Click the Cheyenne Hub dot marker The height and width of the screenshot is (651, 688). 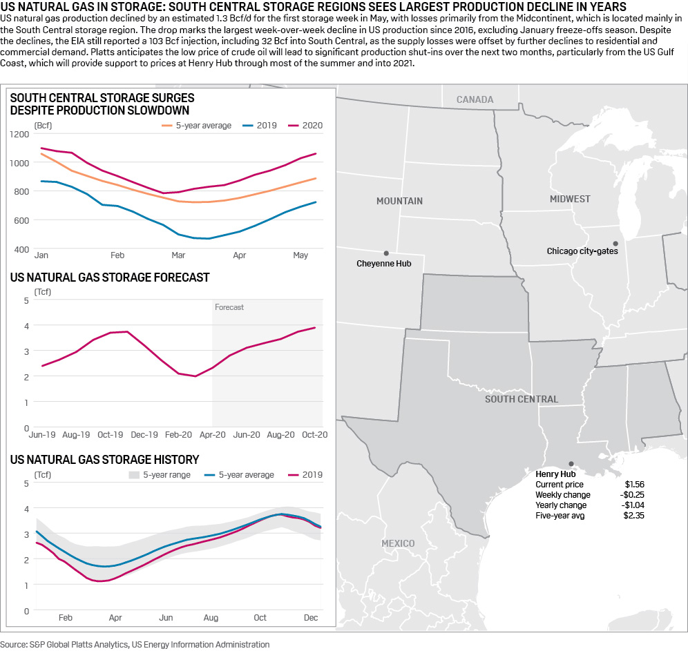[x=386, y=253]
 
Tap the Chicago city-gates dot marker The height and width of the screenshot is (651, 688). [x=615, y=243]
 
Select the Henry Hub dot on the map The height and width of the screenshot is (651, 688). [x=571, y=464]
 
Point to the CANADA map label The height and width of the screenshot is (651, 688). [x=475, y=99]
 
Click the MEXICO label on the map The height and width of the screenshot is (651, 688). [x=398, y=543]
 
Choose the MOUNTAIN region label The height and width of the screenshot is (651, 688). [x=399, y=201]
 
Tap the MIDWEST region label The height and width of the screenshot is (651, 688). [x=570, y=199]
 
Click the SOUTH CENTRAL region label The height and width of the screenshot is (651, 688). [x=521, y=399]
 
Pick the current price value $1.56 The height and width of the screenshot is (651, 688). [x=634, y=485]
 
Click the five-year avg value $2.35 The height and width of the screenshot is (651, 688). [x=634, y=516]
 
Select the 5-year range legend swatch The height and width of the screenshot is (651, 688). [x=135, y=475]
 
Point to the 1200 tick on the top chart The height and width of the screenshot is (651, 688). [x=19, y=133]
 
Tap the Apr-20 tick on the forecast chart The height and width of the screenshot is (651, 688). [x=212, y=436]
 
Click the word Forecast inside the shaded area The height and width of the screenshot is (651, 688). [x=229, y=307]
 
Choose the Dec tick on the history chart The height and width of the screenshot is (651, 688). [x=310, y=618]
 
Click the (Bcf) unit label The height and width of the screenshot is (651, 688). [x=43, y=125]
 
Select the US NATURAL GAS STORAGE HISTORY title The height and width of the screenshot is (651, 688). [x=105, y=460]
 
